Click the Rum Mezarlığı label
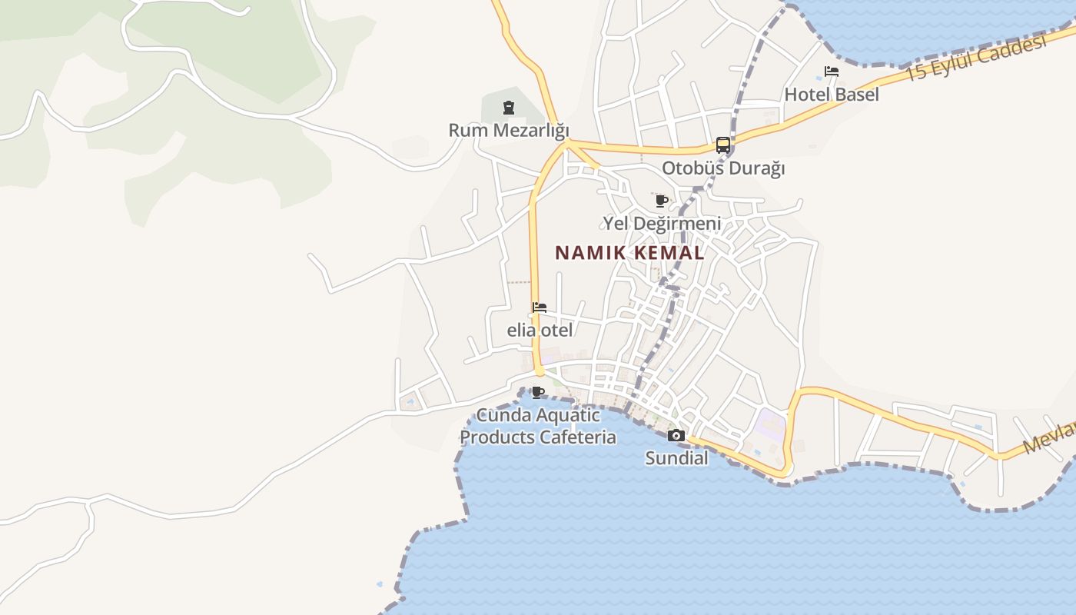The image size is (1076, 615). pyautogui.click(x=509, y=130)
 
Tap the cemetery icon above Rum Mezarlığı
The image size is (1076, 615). pyautogui.click(x=508, y=107)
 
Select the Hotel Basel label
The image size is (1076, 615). pyautogui.click(x=832, y=95)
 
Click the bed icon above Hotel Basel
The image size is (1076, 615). pyautogui.click(x=831, y=71)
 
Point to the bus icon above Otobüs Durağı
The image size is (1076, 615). pyautogui.click(x=723, y=145)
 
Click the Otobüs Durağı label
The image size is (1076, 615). pyautogui.click(x=723, y=168)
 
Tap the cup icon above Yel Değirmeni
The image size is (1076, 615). pyautogui.click(x=661, y=201)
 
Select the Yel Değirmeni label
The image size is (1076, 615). pyautogui.click(x=662, y=224)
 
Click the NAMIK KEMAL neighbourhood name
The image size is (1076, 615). pyautogui.click(x=629, y=253)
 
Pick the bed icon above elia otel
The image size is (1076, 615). pyautogui.click(x=540, y=307)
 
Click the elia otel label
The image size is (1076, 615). pyautogui.click(x=540, y=331)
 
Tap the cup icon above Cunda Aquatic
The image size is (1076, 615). pyautogui.click(x=538, y=392)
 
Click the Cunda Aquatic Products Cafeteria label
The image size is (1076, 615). pyautogui.click(x=538, y=427)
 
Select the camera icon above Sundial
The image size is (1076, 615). pyautogui.click(x=676, y=436)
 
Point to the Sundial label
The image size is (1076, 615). pyautogui.click(x=676, y=458)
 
